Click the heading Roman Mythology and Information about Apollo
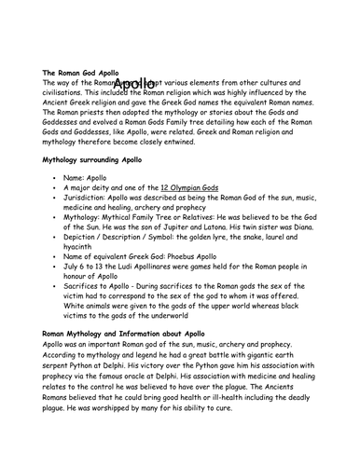point(127,333)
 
